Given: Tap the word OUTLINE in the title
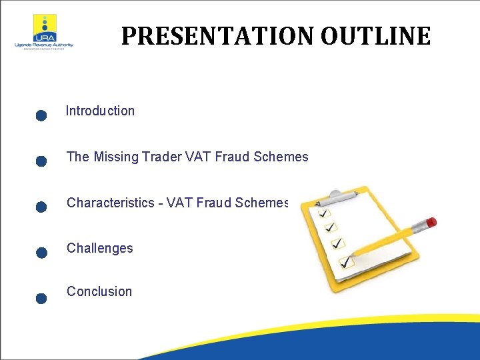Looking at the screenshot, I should [375, 36].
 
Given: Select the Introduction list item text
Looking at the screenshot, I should [100, 111].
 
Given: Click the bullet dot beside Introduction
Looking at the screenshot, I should [41, 116].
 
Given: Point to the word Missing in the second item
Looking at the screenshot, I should [116, 157].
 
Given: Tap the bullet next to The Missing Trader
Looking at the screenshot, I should [41, 161].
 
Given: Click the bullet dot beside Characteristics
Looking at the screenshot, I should [41, 207].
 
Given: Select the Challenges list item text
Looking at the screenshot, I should [99, 248].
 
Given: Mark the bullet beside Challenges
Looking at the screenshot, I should [41, 253].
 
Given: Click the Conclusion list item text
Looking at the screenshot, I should [99, 291].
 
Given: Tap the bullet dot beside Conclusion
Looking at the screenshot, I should [41, 298].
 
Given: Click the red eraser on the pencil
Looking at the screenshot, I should [431, 222].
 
